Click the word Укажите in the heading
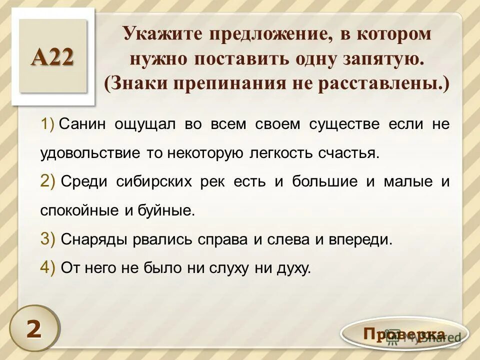(161, 34)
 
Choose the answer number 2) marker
(48, 182)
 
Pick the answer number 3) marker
(48, 239)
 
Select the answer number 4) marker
(48, 268)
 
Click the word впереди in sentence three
(358, 240)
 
